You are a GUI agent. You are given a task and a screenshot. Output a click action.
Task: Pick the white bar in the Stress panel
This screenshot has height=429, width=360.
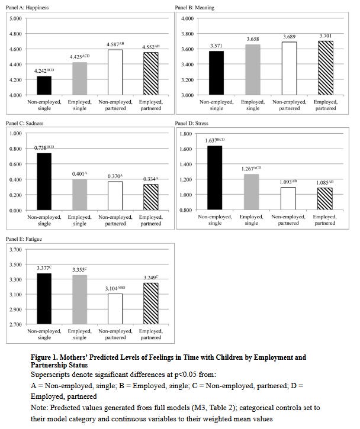click(x=288, y=199)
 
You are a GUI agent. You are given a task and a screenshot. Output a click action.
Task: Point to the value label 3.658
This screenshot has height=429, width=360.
click(x=253, y=39)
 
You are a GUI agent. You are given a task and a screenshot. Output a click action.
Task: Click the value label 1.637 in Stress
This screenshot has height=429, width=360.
click(x=215, y=140)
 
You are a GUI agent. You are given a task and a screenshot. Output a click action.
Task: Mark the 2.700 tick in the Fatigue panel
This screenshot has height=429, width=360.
click(x=15, y=325)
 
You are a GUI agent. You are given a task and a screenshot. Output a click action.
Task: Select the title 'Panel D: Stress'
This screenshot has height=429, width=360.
click(x=192, y=124)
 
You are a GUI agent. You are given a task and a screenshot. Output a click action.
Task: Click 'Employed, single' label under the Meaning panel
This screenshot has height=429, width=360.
click(x=253, y=105)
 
